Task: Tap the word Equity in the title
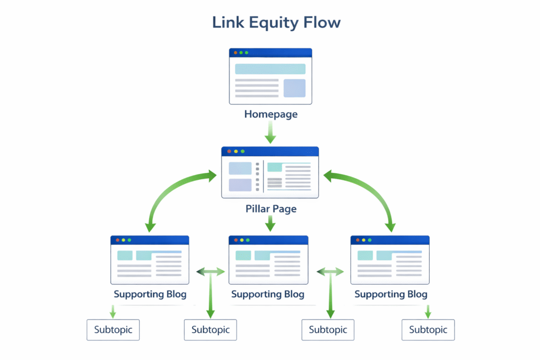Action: pos(271,23)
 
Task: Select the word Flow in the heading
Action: pos(323,23)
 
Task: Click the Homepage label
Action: pos(270,114)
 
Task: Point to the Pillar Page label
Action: pos(271,209)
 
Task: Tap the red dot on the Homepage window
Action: pos(235,53)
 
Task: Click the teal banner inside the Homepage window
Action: pos(270,69)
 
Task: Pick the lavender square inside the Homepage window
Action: pos(294,88)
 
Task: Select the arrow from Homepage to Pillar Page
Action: pos(270,132)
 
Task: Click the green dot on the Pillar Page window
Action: pos(242,151)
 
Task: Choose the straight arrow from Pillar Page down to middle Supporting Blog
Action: pos(270,223)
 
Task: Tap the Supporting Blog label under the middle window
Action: pos(267,294)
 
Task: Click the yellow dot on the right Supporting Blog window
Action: pos(363,240)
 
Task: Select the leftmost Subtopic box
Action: pos(113,330)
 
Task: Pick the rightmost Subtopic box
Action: pos(428,330)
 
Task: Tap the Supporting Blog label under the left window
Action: pos(150,294)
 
